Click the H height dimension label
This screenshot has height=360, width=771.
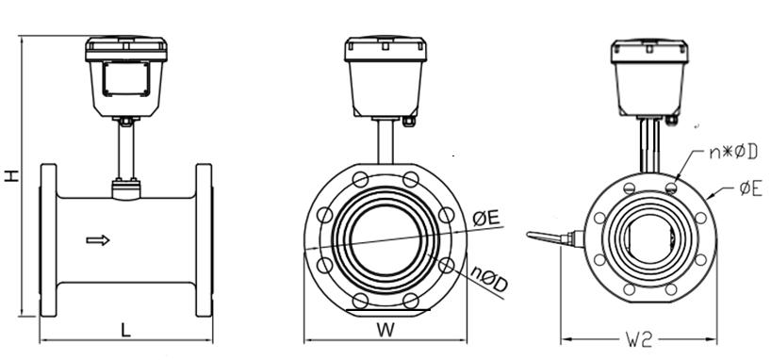tap(10, 175)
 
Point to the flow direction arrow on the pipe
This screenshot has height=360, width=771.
tap(98, 240)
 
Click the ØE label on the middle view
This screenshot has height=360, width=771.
tap(486, 219)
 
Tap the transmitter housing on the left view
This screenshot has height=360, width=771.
tap(126, 75)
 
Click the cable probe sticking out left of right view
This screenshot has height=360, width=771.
tap(547, 237)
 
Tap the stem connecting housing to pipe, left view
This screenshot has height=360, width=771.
tap(125, 151)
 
